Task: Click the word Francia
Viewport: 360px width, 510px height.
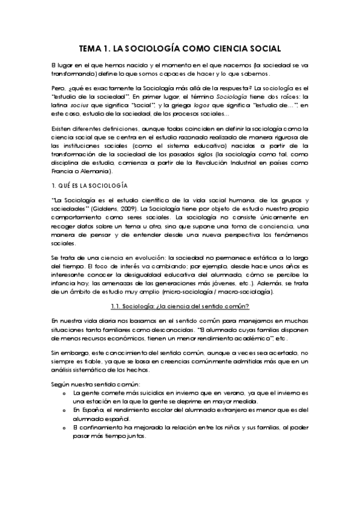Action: click(64, 170)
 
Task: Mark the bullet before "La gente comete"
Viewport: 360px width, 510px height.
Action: click(64, 392)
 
